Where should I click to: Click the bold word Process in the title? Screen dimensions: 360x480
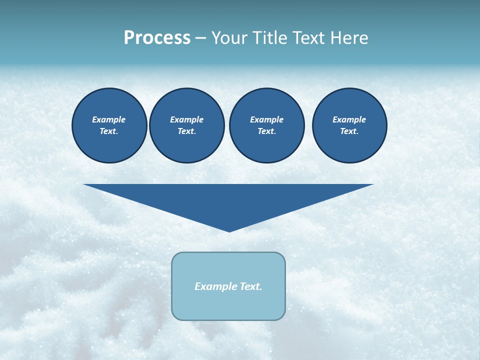pos(157,38)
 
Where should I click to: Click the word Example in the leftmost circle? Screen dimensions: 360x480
pos(108,119)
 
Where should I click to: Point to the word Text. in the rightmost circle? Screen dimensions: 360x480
pos(349,131)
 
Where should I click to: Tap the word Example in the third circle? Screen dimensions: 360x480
pos(266,119)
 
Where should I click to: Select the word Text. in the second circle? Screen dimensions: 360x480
pos(186,131)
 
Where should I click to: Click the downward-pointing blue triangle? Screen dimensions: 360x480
pos(228,200)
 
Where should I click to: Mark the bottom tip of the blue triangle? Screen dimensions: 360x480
pos(229,231)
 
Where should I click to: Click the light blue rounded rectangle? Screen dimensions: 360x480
pos(228,305)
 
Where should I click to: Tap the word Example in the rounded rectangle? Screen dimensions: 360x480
pos(212,286)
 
